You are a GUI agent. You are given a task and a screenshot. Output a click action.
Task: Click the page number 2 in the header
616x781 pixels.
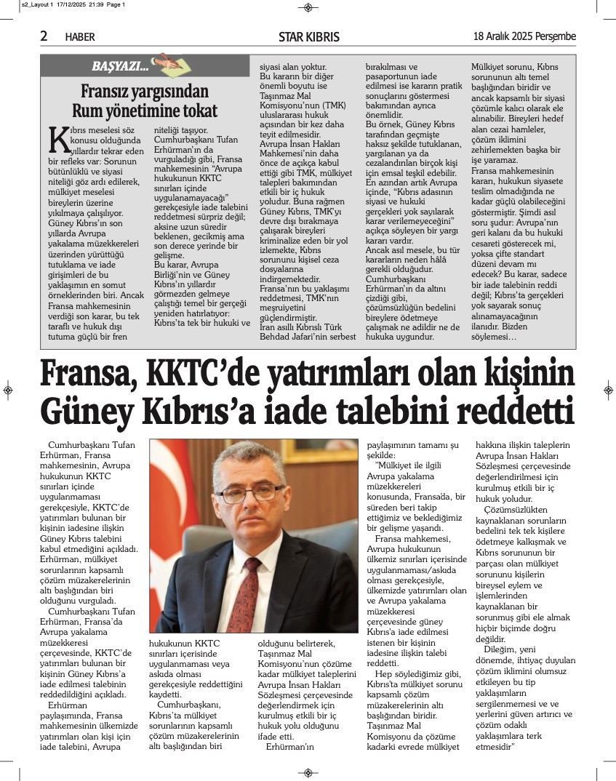tap(44, 36)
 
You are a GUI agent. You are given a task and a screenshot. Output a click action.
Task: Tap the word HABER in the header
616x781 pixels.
tap(80, 37)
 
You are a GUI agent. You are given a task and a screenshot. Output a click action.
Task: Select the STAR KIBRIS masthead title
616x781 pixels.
tap(308, 37)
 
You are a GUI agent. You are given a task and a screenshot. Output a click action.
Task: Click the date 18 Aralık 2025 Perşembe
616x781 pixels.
tap(524, 36)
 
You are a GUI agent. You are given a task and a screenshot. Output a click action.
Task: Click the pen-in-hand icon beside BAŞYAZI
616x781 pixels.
tap(164, 63)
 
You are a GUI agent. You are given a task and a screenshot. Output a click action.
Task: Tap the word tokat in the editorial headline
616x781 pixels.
tap(197, 111)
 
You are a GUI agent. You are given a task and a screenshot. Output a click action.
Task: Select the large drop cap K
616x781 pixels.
tap(57, 138)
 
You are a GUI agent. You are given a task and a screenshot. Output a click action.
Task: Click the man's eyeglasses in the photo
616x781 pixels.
tap(250, 492)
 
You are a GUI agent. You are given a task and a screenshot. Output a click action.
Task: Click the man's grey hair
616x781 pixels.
tap(251, 454)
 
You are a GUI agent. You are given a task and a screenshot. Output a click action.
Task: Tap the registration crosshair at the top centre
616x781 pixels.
tap(308, 7)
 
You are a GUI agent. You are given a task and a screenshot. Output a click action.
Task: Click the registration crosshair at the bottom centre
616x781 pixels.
tap(308, 772)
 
